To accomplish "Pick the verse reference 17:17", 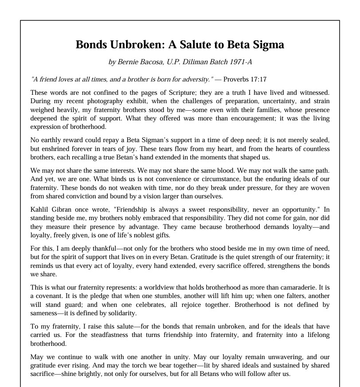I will (x=257, y=80).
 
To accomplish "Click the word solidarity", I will (x=121, y=313).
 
